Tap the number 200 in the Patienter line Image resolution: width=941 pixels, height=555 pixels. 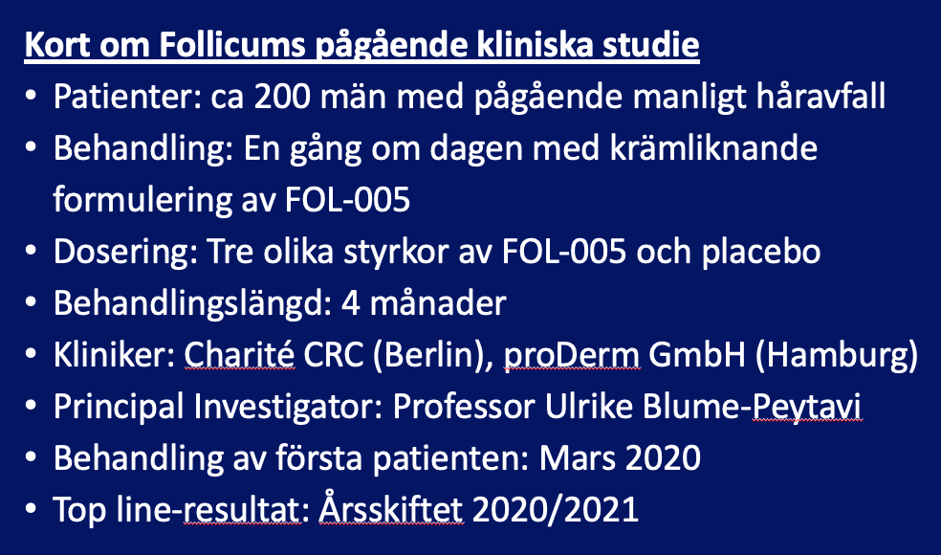pos(281,97)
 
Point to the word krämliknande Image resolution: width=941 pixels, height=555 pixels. pos(713,147)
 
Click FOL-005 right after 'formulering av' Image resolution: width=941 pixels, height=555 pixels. pos(348,199)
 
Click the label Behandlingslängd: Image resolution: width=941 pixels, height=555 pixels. pos(192,302)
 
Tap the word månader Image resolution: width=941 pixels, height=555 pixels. pos(438,302)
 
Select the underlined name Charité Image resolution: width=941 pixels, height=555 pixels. pos(239,354)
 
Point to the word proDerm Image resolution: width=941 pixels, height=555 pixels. pos(571,355)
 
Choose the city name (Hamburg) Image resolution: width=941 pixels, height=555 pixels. pos(836,355)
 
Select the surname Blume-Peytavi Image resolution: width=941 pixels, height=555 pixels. pos(752,407)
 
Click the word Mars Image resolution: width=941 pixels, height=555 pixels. pos(576,457)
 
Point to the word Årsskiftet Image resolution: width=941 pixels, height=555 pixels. pos(391,508)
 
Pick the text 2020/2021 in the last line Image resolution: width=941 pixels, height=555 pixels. pos(555,509)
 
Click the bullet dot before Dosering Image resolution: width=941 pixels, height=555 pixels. pos(31,252)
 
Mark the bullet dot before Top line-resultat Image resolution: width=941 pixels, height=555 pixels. pos(31,510)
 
